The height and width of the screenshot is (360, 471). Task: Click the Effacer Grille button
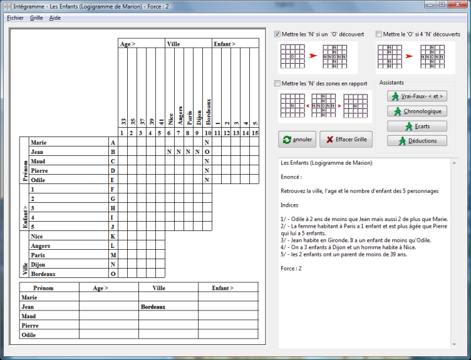[x=346, y=140]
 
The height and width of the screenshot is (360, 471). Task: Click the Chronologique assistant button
[x=417, y=111]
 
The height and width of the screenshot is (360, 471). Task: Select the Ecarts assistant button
[x=417, y=126]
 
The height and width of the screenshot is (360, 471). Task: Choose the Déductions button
[x=417, y=140]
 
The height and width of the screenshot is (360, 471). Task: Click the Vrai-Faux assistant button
[x=417, y=96]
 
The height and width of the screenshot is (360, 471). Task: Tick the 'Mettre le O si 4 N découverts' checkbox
[x=379, y=34]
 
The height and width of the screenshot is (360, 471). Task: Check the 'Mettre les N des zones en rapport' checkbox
[x=277, y=83]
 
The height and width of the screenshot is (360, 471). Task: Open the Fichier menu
[x=15, y=18]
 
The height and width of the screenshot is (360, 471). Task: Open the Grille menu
[x=36, y=18]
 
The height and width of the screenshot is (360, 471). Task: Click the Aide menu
[x=55, y=18]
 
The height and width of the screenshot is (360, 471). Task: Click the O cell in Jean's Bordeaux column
[x=207, y=152]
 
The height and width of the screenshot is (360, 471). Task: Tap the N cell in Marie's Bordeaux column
[x=207, y=142]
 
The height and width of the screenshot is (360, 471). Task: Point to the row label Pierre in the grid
[x=39, y=170]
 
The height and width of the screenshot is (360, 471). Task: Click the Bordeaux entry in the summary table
[x=153, y=307]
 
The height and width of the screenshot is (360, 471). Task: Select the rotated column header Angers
[x=180, y=115]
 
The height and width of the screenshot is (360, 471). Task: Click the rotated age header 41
[x=162, y=122]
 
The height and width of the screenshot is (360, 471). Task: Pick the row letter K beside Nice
[x=113, y=236]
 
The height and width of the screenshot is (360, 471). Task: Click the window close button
[x=457, y=4]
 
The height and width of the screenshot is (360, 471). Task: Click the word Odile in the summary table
[x=29, y=335]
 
